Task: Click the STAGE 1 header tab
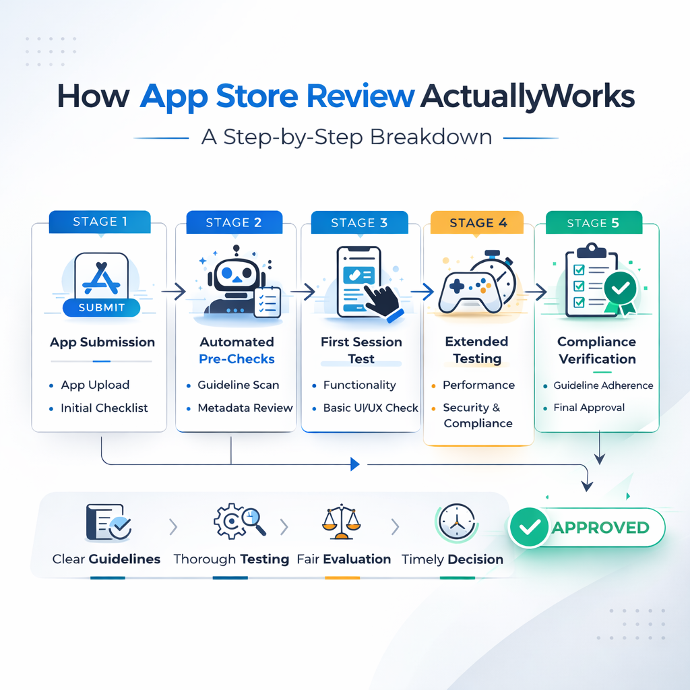pyautogui.click(x=100, y=222)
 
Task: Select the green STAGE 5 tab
pyautogui.click(x=592, y=223)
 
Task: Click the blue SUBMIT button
pyautogui.click(x=101, y=307)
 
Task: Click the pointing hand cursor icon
pyautogui.click(x=381, y=296)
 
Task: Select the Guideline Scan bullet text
pyautogui.click(x=238, y=385)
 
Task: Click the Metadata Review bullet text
pyautogui.click(x=245, y=408)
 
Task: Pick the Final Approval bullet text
pyautogui.click(x=589, y=408)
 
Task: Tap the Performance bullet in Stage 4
pyautogui.click(x=478, y=385)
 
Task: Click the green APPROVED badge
pyautogui.click(x=586, y=527)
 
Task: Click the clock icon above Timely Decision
pyautogui.click(x=452, y=522)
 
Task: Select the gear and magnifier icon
pyautogui.click(x=239, y=522)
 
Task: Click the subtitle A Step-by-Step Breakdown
pyautogui.click(x=346, y=137)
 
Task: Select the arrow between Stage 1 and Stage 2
pyautogui.click(x=176, y=292)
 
